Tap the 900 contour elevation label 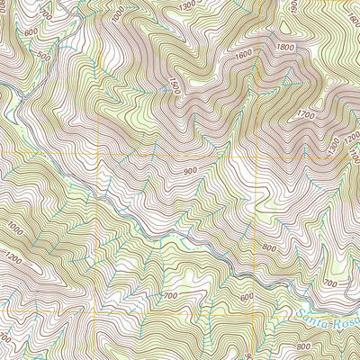tap(188, 171)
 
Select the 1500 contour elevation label tap(175, 85)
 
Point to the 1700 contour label tap(306, 115)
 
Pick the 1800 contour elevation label tap(286, 47)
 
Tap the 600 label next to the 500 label tap(31, 32)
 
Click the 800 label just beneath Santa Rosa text tap(302, 346)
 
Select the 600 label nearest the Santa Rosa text tap(247, 297)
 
